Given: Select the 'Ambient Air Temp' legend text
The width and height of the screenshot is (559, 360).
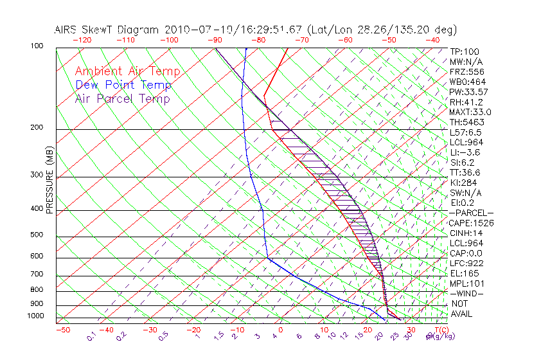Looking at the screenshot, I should tap(127, 71).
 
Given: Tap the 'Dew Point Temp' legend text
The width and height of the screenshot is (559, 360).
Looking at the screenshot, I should tap(123, 85).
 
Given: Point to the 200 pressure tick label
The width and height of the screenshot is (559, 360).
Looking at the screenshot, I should tap(36, 128).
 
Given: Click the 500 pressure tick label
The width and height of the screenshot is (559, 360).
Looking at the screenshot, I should tap(36, 236).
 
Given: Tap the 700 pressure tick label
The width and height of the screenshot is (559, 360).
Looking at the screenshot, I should tap(36, 274).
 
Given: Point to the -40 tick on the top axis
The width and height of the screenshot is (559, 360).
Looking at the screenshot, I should tap(432, 40).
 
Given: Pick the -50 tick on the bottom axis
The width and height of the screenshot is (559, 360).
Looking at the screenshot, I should tap(62, 330).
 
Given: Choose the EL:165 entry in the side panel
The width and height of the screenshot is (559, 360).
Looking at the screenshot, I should tap(464, 273).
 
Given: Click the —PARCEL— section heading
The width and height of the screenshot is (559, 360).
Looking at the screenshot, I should tap(471, 213).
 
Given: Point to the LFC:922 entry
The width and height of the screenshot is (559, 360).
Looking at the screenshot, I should tap(466, 264).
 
